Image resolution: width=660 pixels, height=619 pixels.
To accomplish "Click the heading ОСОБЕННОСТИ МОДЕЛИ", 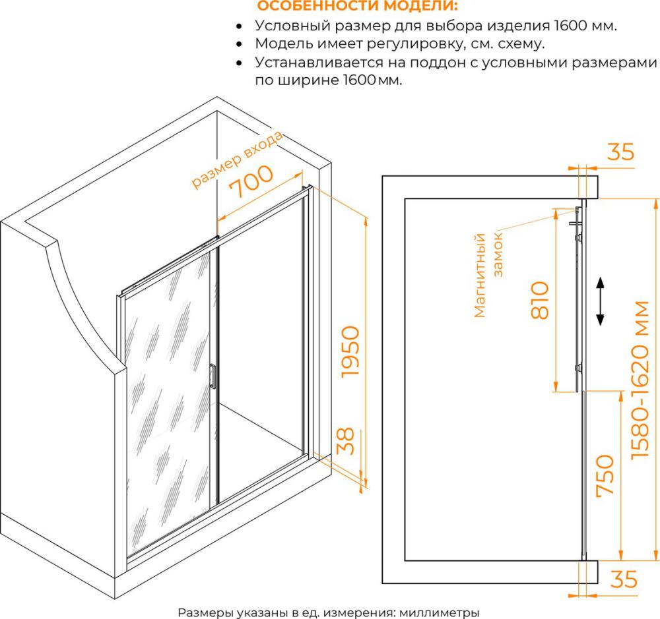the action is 357,7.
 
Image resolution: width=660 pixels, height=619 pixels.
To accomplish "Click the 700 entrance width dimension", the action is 251,181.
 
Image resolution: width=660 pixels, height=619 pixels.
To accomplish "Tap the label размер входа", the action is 237,160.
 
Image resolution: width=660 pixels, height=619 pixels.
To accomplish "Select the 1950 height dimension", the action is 350,351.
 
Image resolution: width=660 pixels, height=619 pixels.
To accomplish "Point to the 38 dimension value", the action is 346,441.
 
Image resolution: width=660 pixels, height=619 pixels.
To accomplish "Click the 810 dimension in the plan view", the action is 540,301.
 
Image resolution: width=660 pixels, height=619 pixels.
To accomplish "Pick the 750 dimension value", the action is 605,475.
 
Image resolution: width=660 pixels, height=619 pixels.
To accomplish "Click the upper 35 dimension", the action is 620,152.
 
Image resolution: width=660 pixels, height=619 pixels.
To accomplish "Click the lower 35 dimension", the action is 624,579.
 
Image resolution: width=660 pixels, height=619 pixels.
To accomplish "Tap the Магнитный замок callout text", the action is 488,275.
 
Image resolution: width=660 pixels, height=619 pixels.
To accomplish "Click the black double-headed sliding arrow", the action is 600,301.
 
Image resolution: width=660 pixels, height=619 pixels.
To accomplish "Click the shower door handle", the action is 213,376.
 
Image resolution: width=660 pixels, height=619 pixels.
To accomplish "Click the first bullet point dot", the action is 239,26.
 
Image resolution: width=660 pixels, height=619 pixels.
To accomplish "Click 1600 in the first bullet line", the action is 571,26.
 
